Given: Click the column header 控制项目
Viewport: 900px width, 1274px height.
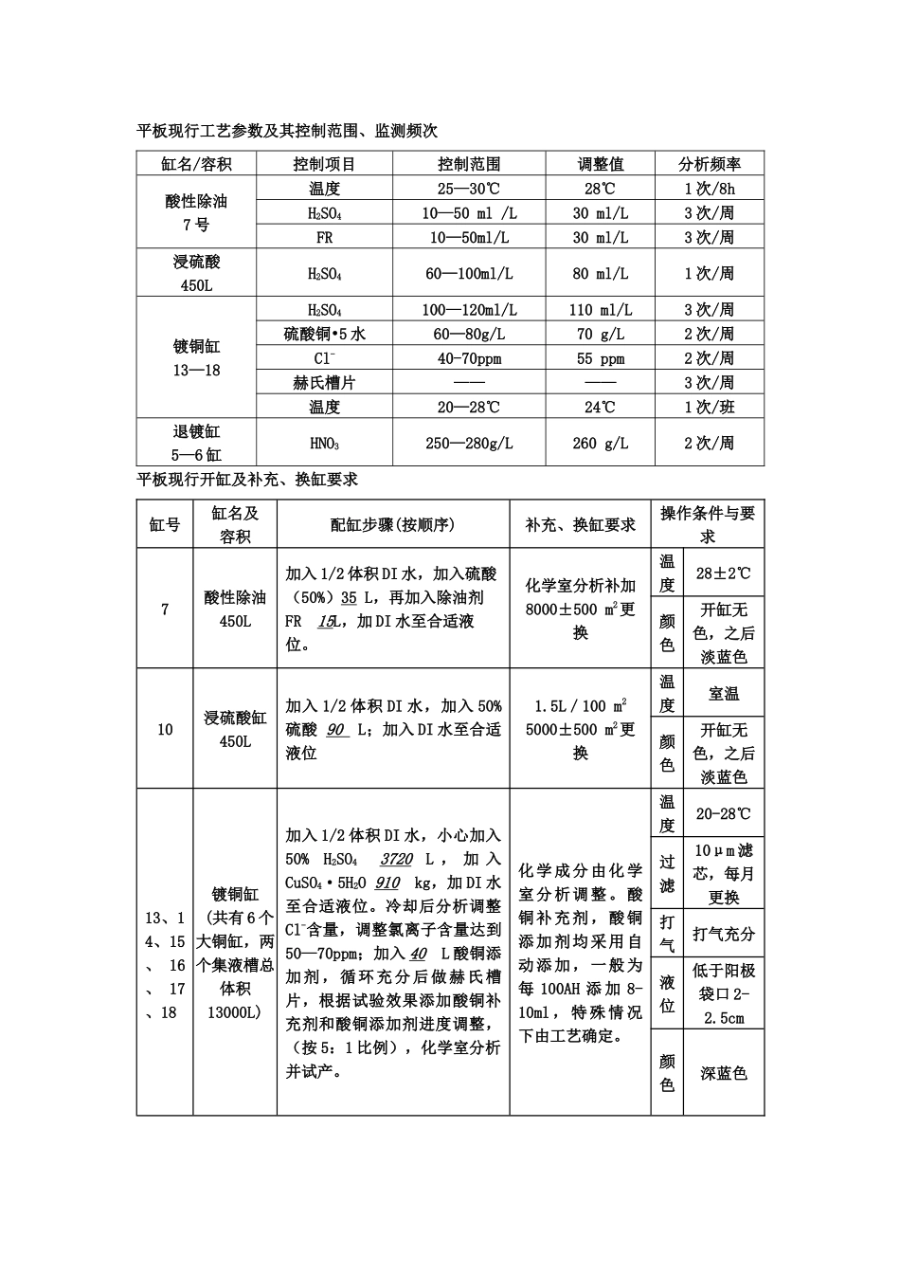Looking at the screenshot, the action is pos(324,164).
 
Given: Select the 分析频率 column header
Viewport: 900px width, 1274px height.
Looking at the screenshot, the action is pos(709,164).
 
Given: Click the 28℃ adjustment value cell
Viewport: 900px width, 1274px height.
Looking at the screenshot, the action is pos(600,189).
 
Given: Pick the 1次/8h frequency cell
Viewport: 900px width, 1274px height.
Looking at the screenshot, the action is pos(709,189).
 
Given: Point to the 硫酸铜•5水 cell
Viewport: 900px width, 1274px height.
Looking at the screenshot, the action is pos(324,334).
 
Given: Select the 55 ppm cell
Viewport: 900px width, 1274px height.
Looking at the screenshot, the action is pos(600,358).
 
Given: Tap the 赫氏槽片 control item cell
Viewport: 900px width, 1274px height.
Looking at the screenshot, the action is pos(324,383).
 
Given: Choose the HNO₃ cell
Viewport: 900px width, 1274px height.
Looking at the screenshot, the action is pos(324,443).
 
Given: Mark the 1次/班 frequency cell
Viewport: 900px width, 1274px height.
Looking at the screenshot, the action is pos(709,408).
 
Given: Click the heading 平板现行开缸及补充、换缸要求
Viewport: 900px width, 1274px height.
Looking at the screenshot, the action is pos(247,480).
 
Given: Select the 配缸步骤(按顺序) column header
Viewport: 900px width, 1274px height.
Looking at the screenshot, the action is pos(392,524).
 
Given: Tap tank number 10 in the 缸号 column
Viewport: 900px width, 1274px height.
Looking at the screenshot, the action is pos(165,729).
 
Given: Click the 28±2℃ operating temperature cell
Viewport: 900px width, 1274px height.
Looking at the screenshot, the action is pos(723,573).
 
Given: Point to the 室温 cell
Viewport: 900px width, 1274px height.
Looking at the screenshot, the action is pos(723,694).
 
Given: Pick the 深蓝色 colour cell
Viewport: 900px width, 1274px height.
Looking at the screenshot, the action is pos(723,1073).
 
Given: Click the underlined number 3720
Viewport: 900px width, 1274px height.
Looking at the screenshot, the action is pos(396,859).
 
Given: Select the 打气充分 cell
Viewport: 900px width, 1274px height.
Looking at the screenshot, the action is pos(723,934).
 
